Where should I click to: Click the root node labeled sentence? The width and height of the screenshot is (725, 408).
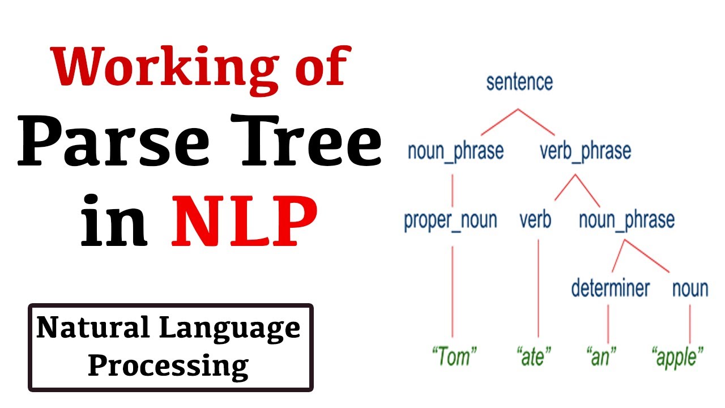point(519,82)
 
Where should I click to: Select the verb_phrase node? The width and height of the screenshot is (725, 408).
point(585,151)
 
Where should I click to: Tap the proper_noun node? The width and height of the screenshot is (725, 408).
point(450,220)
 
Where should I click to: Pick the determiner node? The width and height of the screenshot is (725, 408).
point(610,288)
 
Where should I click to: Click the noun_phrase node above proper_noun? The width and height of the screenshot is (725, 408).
point(455,151)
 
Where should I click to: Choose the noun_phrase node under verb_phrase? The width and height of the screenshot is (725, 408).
point(626,220)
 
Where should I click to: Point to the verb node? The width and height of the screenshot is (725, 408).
point(535,220)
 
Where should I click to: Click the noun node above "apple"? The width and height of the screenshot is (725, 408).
point(690,288)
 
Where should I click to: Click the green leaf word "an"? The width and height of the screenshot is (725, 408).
point(602,357)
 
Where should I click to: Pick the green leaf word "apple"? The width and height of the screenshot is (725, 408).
point(678,357)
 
